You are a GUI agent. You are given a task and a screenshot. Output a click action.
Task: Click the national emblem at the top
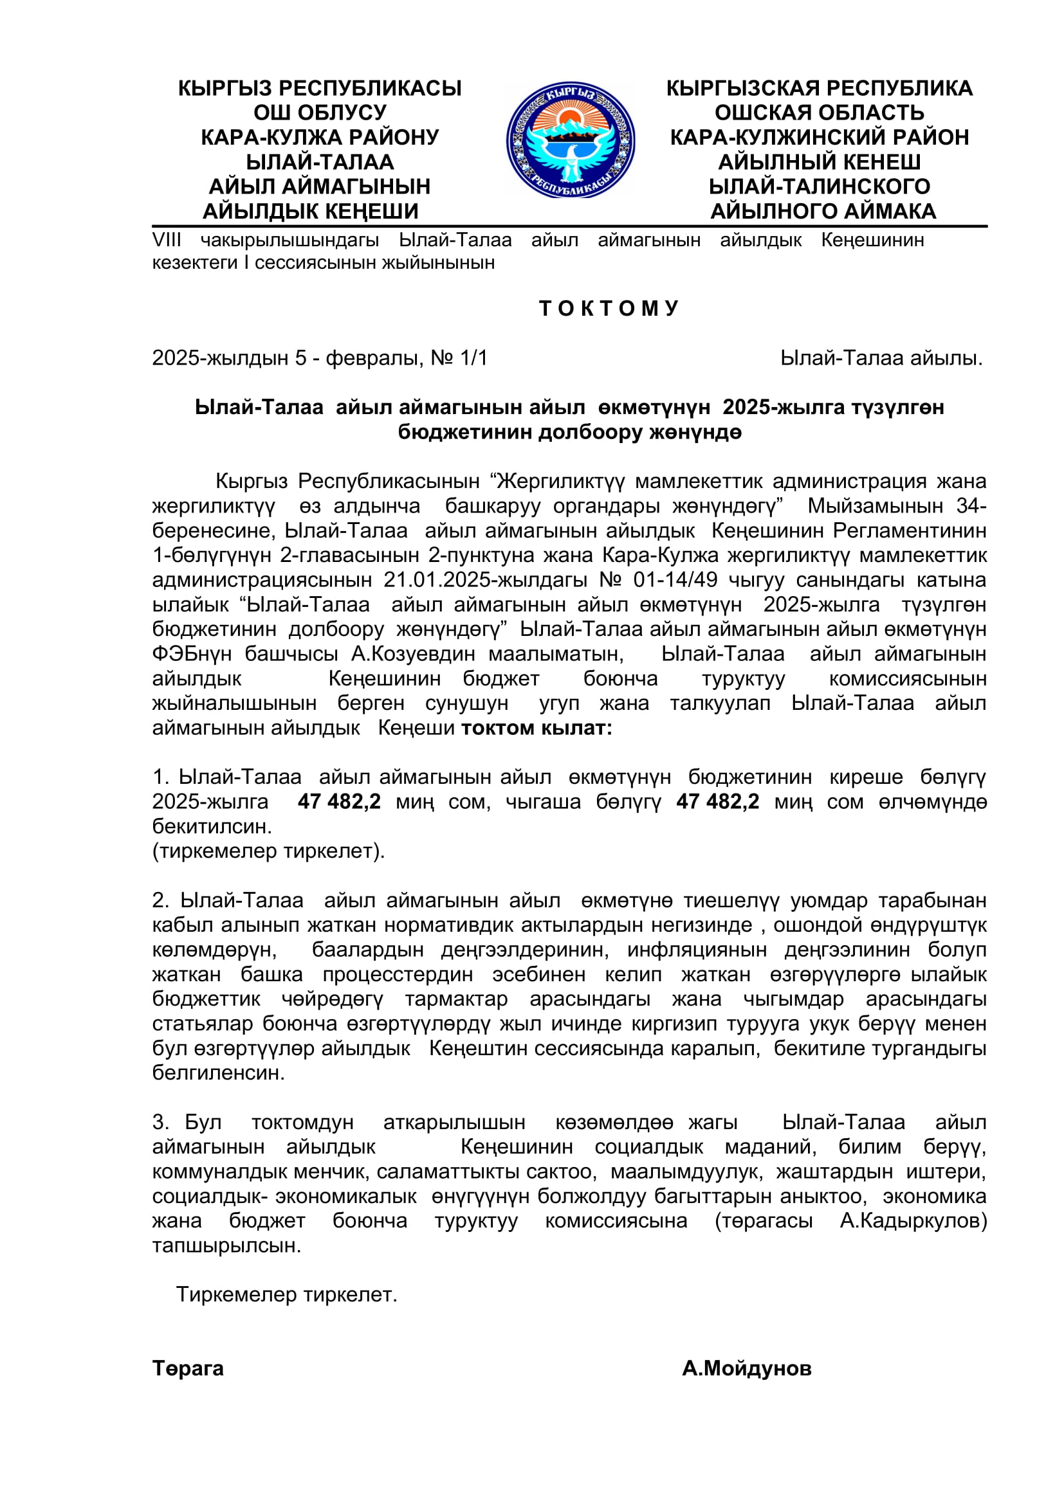point(570,140)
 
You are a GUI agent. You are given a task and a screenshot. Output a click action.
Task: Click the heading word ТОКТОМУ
point(609,309)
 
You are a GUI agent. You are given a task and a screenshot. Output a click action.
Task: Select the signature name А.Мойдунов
point(746,1368)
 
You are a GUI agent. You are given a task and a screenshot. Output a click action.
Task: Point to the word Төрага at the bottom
point(188,1368)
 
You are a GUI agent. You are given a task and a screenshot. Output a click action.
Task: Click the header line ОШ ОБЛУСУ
point(320,113)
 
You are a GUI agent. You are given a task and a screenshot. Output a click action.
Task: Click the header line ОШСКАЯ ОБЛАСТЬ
point(819,113)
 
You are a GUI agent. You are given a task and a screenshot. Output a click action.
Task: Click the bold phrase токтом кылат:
point(537,729)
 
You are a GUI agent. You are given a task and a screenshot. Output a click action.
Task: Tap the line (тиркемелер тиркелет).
point(269,851)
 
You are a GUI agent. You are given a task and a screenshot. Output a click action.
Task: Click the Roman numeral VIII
point(167,240)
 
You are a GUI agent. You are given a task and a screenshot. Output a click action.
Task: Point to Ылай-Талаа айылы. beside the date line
point(881,358)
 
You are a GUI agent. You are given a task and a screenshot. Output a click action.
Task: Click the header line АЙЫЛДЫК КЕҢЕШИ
point(311,212)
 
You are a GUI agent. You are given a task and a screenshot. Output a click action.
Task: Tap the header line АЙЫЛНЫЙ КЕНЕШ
point(819,162)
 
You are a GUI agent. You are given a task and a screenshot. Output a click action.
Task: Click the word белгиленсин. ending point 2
point(219,1073)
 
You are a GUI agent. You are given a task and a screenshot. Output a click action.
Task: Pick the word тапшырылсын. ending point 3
point(226,1246)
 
